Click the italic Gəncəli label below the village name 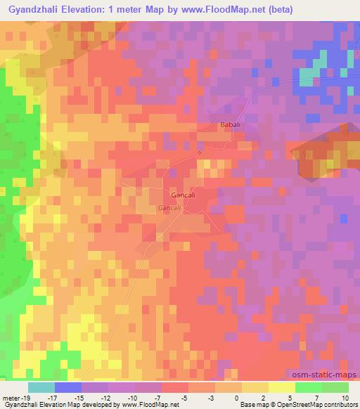[169, 209]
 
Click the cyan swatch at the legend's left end [41, 387]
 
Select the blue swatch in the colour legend [67, 387]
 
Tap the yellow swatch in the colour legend [255, 387]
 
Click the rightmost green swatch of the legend [335, 387]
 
